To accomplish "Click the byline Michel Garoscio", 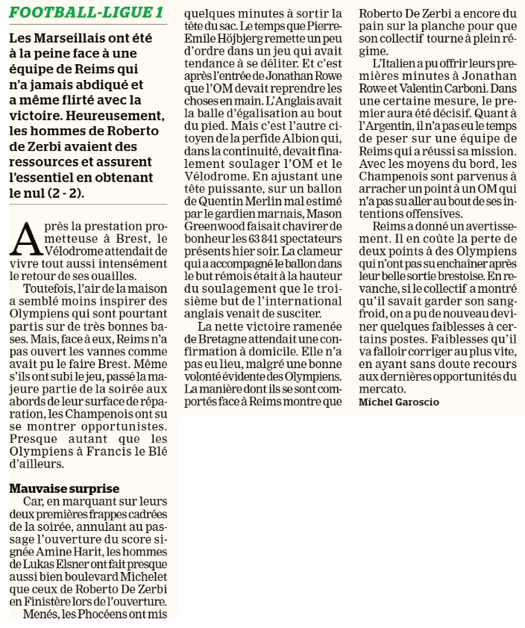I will (x=399, y=402).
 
